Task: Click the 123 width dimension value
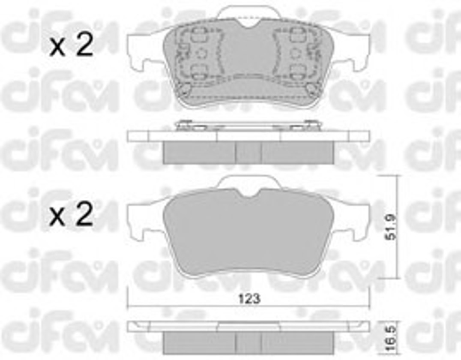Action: (x=249, y=299)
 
